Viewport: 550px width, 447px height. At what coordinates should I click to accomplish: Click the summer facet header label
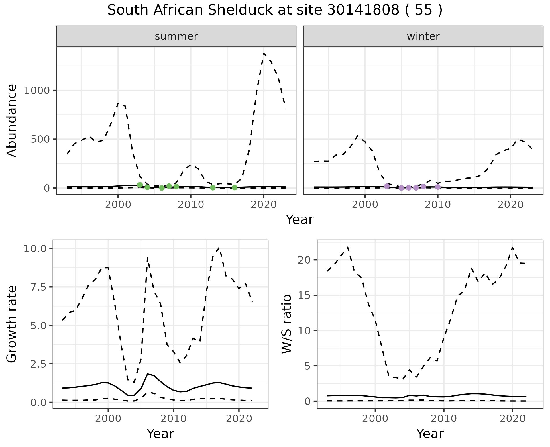pyautogui.click(x=176, y=36)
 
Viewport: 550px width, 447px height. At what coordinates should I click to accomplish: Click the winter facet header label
pyautogui.click(x=423, y=36)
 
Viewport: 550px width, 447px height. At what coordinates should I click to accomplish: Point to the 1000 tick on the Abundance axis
pyautogui.click(x=36, y=91)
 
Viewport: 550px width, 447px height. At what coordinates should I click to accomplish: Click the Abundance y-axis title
pyautogui.click(x=12, y=121)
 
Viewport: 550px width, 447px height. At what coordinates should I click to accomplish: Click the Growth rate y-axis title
pyautogui.click(x=12, y=324)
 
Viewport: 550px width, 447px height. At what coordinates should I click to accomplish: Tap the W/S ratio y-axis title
pyautogui.click(x=287, y=324)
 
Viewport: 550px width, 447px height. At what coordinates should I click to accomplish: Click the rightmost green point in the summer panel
pyautogui.click(x=235, y=187)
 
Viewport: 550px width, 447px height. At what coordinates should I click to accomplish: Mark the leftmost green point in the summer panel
pyautogui.click(x=140, y=185)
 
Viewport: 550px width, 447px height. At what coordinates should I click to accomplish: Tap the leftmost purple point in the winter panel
pyautogui.click(x=387, y=186)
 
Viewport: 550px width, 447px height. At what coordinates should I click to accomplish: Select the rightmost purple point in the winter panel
pyautogui.click(x=438, y=187)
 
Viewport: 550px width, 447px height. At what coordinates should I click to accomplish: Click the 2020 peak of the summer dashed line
pyautogui.click(x=264, y=53)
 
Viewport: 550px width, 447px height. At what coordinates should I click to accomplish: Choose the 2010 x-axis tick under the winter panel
pyautogui.click(x=438, y=205)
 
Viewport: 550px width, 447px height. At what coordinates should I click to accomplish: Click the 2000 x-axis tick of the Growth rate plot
pyautogui.click(x=108, y=419)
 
